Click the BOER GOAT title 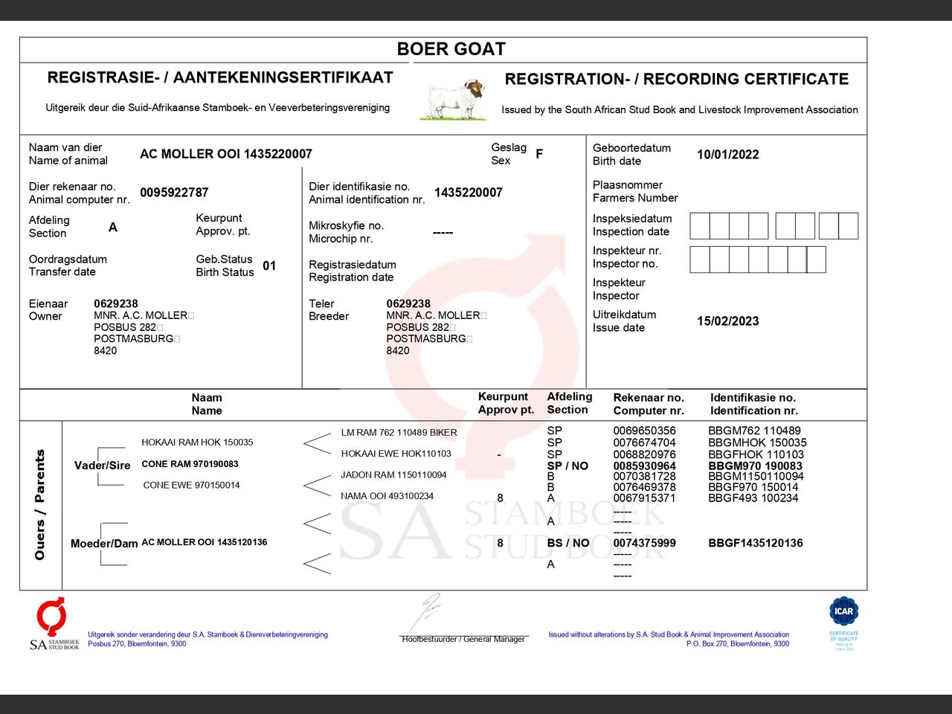(451, 49)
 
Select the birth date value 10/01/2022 (727, 155)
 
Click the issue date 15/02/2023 (727, 321)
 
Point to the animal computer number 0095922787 (174, 193)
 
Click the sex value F (539, 154)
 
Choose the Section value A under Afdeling (113, 227)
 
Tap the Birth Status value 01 (269, 266)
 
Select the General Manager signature (429, 614)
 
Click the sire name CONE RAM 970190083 (190, 464)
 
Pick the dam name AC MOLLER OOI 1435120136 (204, 542)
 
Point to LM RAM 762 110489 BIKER (399, 432)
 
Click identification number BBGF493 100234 (753, 498)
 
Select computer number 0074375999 (644, 543)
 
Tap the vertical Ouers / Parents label (40, 504)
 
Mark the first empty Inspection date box (699, 226)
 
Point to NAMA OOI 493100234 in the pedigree (387, 496)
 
